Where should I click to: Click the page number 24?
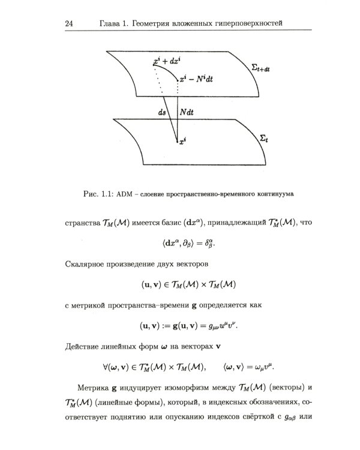coord(67,23)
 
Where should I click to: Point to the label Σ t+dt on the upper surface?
coord(260,68)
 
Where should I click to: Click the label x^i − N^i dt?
coord(201,79)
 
